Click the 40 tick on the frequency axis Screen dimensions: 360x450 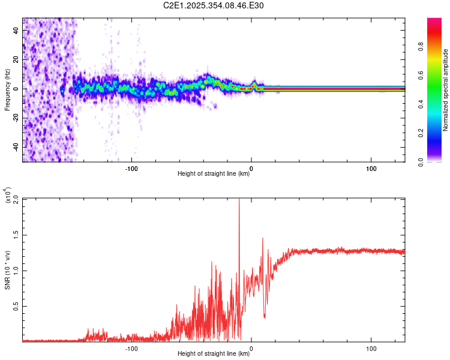point(16,31)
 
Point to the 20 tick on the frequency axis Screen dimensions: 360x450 point(16,60)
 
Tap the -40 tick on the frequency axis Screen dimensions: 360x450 point(15,147)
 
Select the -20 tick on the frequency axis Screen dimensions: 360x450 point(15,118)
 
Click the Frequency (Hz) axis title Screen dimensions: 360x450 point(7,89)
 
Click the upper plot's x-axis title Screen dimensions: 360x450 point(214,173)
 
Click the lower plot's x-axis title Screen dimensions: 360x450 point(214,353)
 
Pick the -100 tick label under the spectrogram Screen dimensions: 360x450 point(132,168)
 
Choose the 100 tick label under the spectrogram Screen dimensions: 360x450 point(371,168)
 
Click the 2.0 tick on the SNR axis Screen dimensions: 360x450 point(16,199)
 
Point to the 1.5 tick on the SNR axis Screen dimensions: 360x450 point(16,235)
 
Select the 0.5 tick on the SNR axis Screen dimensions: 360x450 point(16,305)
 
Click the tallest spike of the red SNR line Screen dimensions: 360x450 point(239,200)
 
